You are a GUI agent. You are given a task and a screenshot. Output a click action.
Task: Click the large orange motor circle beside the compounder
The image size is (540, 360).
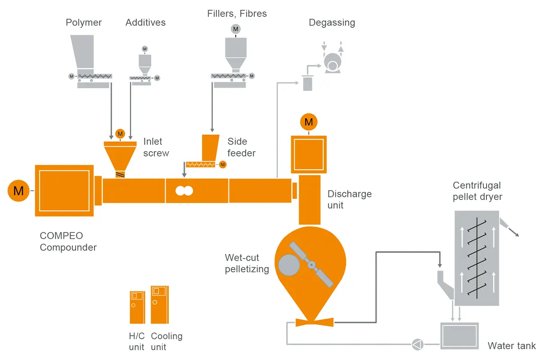(x=18, y=190)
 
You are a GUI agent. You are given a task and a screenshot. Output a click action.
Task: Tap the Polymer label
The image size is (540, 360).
(x=84, y=22)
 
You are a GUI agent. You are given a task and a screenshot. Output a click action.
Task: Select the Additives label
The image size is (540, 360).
(x=145, y=22)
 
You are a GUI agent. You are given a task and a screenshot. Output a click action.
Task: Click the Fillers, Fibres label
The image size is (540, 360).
(x=237, y=14)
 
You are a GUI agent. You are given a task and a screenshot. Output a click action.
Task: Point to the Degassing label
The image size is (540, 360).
(x=332, y=22)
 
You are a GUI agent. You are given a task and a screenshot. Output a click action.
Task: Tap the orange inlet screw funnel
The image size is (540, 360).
(x=120, y=155)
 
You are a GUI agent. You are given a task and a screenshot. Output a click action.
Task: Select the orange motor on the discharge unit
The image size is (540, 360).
(x=309, y=122)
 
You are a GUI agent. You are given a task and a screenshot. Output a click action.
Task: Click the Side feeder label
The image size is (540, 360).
(x=241, y=147)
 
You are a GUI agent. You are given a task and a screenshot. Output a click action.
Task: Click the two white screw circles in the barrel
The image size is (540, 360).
(x=184, y=191)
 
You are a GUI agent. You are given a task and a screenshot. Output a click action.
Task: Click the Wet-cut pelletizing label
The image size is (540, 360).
(x=247, y=264)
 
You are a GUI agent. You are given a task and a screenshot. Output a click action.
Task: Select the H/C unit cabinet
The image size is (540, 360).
(x=137, y=307)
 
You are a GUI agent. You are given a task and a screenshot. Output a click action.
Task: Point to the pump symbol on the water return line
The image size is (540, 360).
(x=417, y=345)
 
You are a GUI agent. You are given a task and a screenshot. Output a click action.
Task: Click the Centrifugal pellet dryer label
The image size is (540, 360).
(x=477, y=191)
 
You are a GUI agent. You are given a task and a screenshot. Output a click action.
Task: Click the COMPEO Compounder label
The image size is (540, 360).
(x=68, y=241)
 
